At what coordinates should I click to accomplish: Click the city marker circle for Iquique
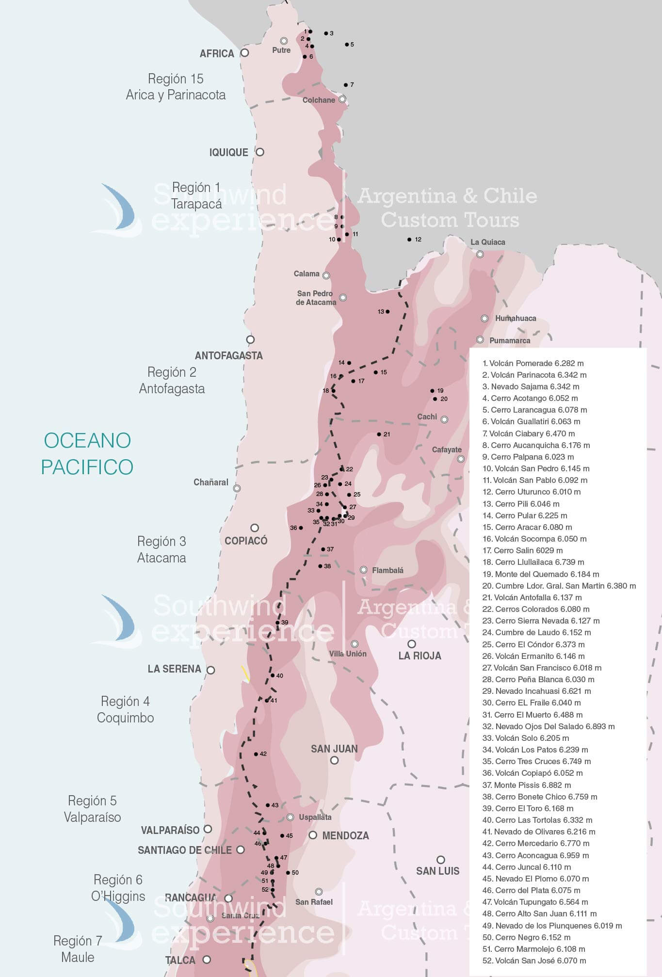click(260, 152)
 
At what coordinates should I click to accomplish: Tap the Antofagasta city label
click(228, 355)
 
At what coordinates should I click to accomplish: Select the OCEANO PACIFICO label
click(87, 453)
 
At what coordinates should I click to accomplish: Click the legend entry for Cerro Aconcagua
click(535, 855)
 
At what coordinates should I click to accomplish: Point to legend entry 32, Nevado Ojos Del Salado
click(548, 726)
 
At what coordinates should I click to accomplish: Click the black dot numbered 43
click(268, 805)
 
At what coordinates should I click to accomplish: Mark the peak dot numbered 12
click(409, 240)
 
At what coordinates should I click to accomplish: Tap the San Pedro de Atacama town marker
click(343, 297)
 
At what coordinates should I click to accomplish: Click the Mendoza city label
click(345, 835)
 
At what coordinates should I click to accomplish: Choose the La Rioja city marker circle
click(412, 644)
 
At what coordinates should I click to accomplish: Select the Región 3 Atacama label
click(161, 549)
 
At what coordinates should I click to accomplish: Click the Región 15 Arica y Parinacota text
click(176, 86)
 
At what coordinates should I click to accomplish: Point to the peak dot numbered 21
click(379, 434)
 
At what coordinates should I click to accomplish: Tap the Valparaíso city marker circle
click(208, 829)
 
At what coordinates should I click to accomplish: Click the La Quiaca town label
click(487, 242)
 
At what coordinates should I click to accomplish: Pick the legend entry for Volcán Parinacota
click(534, 375)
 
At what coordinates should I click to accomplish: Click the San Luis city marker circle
click(440, 860)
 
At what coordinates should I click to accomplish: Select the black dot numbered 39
click(277, 623)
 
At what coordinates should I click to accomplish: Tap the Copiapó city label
click(246, 541)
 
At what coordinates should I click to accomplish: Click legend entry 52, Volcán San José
click(534, 961)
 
